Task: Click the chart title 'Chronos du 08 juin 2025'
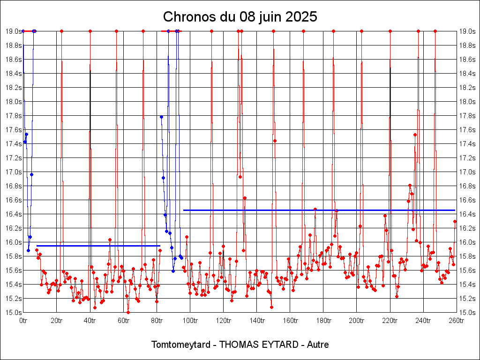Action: coord(240,17)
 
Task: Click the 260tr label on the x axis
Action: coord(457,321)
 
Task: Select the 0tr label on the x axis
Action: coord(23,321)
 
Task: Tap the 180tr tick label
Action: coord(323,321)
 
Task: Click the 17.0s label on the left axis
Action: coord(14,172)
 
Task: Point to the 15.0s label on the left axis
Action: coord(14,313)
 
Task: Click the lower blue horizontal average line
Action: coord(98,246)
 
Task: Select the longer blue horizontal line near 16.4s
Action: coord(319,210)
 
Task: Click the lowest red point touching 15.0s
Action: coord(128,312)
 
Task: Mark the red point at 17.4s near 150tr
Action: coord(275,141)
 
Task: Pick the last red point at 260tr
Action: coord(455,221)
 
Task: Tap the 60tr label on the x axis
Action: coord(123,321)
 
